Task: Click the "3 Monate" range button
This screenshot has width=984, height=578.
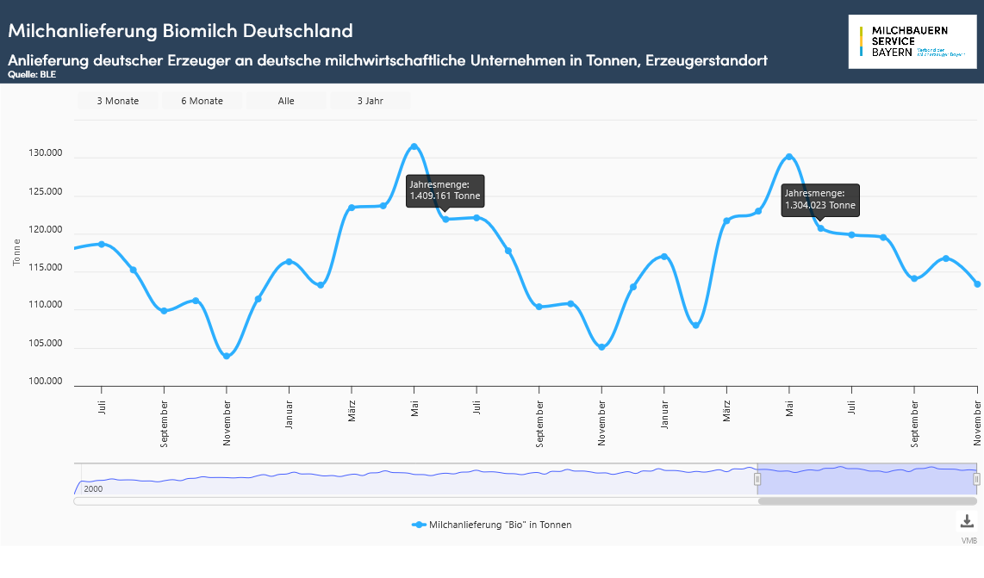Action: tap(117, 101)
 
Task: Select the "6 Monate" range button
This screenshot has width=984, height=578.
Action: tap(202, 101)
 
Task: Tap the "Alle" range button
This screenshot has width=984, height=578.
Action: tap(286, 101)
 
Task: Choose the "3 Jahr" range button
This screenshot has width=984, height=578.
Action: tap(371, 101)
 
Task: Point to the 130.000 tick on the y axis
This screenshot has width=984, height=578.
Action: tap(46, 153)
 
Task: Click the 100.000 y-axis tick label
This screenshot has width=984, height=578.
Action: tap(46, 382)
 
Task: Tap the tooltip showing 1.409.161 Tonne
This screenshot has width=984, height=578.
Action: tap(445, 190)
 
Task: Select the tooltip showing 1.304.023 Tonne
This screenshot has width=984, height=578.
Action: tap(819, 199)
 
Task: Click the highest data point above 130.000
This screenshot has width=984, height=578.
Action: tap(414, 146)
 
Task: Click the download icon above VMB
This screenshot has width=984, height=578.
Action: tap(966, 521)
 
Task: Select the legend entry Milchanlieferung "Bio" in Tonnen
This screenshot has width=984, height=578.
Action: tap(492, 525)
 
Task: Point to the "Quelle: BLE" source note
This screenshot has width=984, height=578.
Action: tap(32, 75)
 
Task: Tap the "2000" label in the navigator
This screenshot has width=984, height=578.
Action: tap(93, 488)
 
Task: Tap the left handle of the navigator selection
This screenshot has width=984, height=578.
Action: tap(758, 478)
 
